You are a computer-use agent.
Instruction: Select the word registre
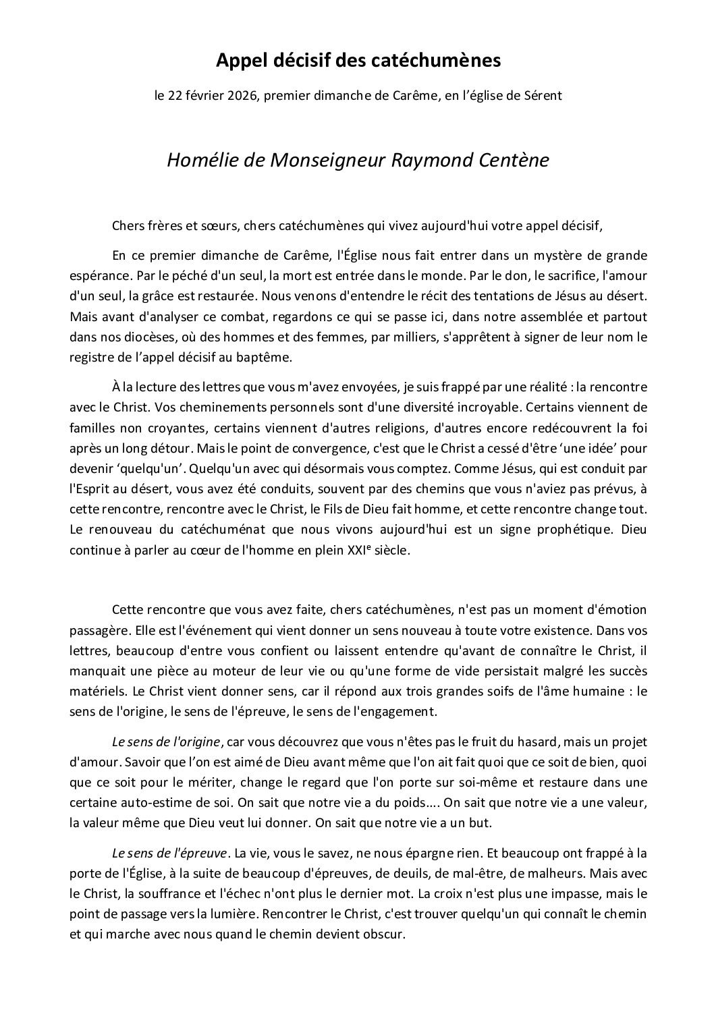[92, 354]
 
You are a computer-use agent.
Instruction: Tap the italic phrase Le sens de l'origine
[166, 742]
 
